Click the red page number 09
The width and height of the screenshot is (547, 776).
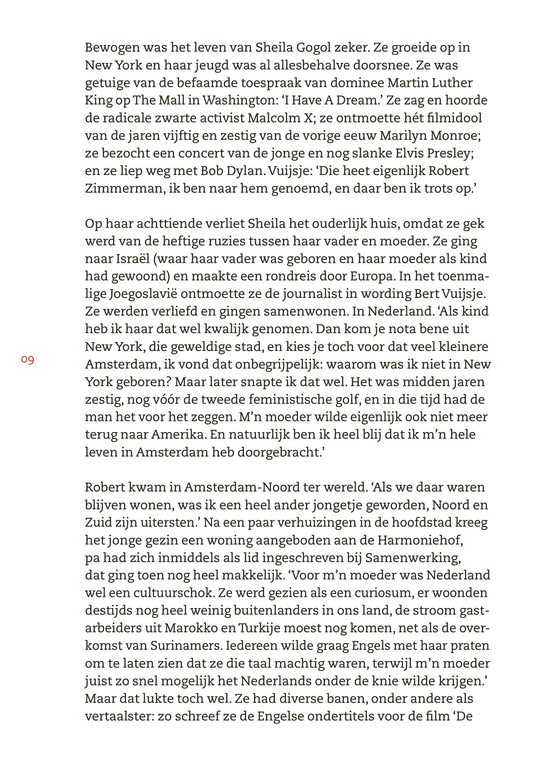[x=27, y=360]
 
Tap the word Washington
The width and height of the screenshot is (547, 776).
[x=242, y=100]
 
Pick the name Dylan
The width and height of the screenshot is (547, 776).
[x=243, y=171]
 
